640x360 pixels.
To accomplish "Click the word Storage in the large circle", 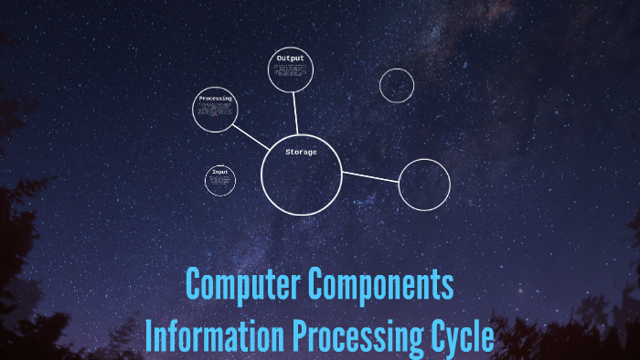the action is (301, 152).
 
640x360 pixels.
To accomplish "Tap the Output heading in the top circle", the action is (290, 58).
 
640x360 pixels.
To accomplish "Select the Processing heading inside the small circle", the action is (215, 98).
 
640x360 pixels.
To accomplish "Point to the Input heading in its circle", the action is (219, 172).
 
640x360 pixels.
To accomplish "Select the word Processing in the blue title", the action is (357, 335).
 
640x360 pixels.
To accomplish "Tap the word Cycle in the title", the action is (463, 335).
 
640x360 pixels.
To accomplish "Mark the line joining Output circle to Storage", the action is (295, 113).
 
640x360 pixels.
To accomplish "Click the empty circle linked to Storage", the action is (424, 184).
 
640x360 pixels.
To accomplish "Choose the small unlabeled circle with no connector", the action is (397, 86).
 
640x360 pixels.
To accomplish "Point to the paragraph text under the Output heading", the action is (291, 72).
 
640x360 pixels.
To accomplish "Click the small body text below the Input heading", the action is (219, 182).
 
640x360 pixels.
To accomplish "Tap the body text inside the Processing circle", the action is (215, 113).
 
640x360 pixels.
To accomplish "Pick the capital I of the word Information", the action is (149, 335).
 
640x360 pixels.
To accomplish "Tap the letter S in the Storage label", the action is (288, 152).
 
